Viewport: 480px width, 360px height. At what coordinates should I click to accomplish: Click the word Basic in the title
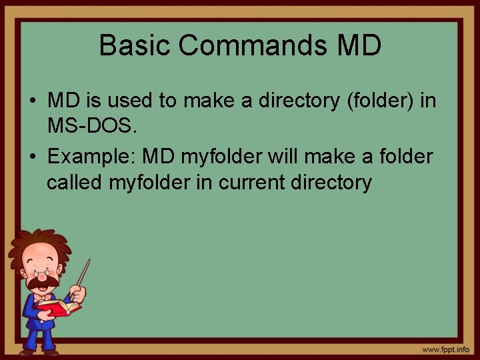[135, 45]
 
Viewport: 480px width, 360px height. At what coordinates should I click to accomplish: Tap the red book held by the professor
[59, 307]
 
